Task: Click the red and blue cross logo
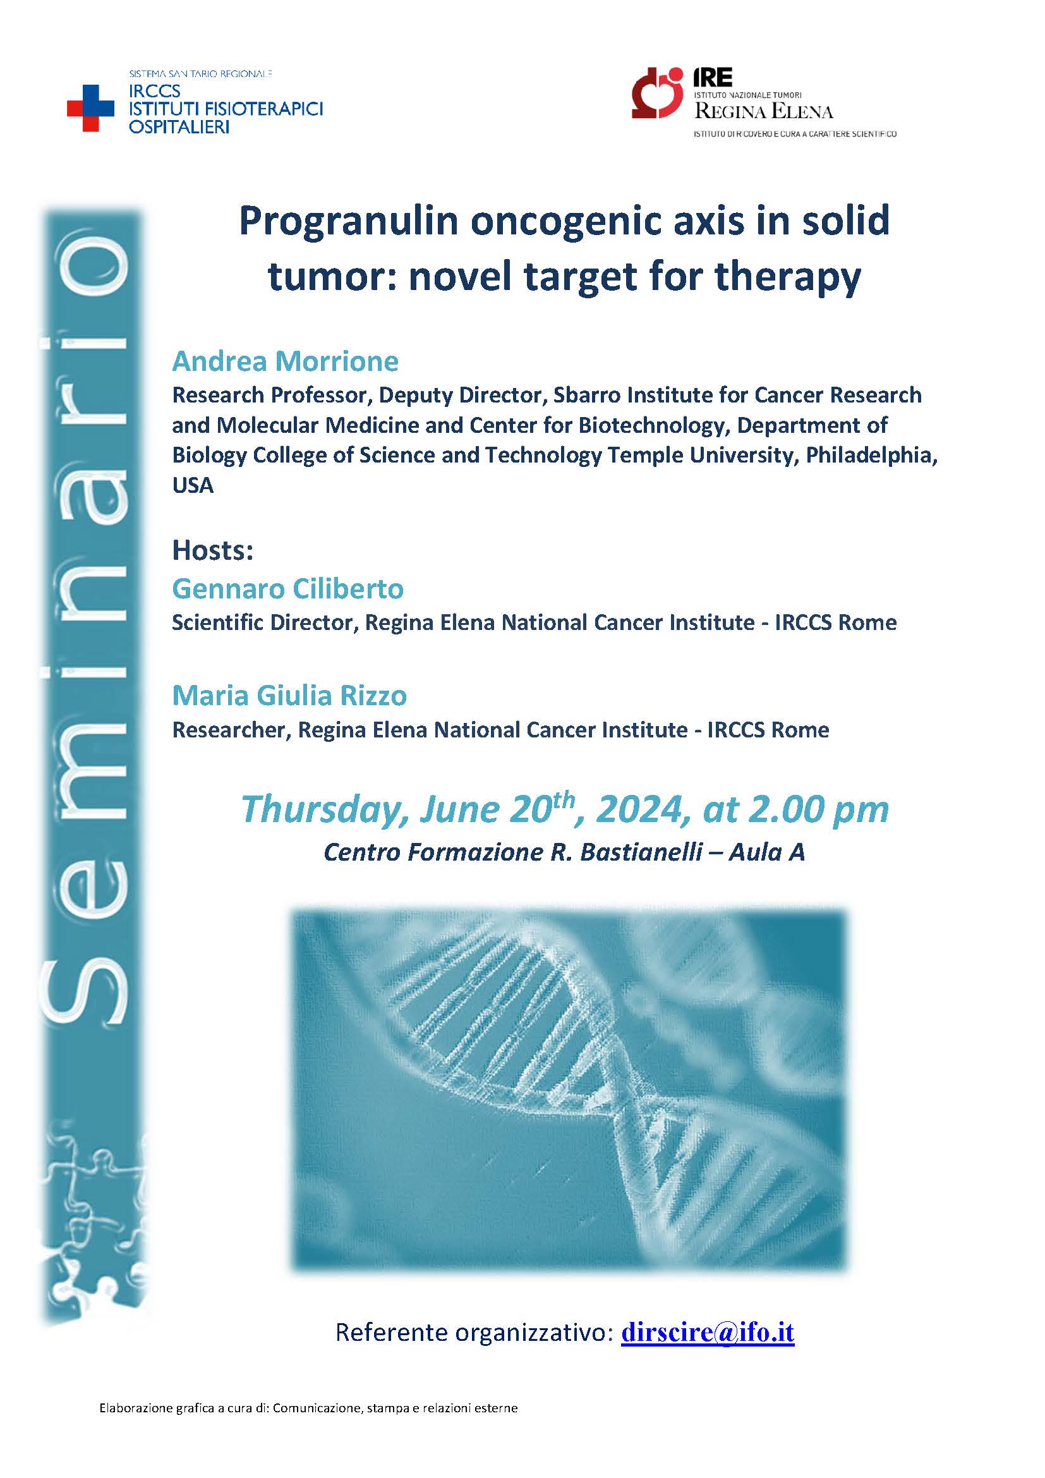click(91, 108)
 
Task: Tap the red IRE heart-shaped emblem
click(657, 93)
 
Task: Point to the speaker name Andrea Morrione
click(285, 362)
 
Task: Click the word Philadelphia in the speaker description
click(872, 455)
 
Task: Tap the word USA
click(193, 485)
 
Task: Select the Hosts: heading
click(212, 550)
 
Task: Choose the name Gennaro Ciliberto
click(287, 589)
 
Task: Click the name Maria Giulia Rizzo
click(289, 696)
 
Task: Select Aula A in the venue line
click(767, 852)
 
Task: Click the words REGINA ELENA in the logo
click(764, 112)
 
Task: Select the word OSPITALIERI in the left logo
click(179, 127)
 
